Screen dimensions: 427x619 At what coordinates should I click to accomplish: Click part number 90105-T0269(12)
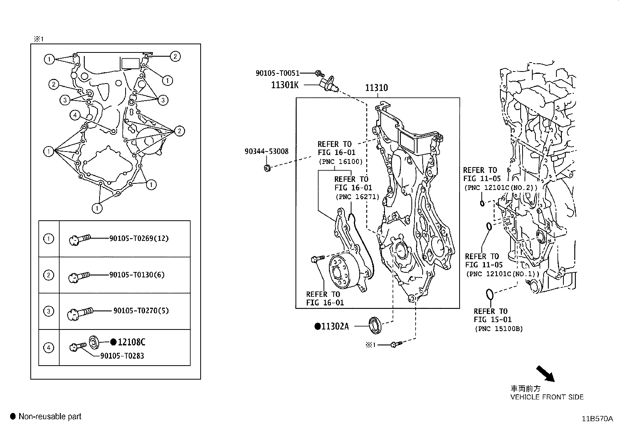coord(139,238)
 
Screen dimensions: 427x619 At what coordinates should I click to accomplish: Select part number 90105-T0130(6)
coord(137,275)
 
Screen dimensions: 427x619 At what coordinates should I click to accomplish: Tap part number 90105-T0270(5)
coord(141,311)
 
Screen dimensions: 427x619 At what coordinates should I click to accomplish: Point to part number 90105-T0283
coord(122,356)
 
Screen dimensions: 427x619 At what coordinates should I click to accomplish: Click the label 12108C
coord(131,342)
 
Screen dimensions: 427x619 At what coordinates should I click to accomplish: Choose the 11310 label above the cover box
coord(376,88)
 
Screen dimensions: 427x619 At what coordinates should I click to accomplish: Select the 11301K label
coord(285,84)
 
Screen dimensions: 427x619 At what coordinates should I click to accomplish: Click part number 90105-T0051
coord(277,73)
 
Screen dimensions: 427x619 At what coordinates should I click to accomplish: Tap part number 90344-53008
coord(266,151)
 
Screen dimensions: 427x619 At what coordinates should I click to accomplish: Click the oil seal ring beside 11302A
coord(376,324)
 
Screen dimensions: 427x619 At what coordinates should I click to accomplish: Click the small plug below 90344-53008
coord(267,168)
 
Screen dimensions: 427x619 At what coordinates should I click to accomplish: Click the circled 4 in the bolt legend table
coord(49,347)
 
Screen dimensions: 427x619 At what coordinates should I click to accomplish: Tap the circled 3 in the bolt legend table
coord(49,311)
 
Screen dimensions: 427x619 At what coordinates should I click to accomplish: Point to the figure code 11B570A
coord(597,419)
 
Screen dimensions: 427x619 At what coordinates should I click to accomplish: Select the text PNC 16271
coord(357,197)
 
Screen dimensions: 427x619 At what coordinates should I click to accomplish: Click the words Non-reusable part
coord(50,417)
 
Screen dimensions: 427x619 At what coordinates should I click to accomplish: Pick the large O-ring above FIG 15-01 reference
coord(490,294)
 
